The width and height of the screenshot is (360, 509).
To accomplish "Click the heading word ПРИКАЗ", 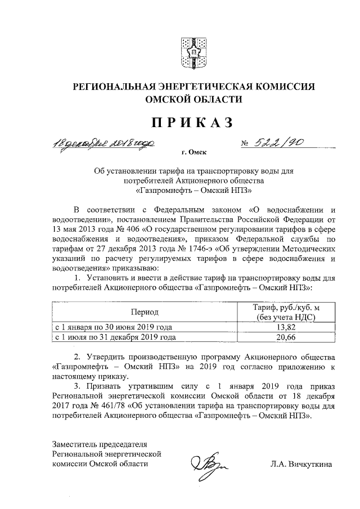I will [190, 123].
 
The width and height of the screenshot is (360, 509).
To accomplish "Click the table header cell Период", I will [145, 312].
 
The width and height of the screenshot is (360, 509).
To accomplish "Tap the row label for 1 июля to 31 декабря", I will [114, 337].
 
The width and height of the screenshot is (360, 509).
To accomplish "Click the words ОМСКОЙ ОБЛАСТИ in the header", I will [190, 100].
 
